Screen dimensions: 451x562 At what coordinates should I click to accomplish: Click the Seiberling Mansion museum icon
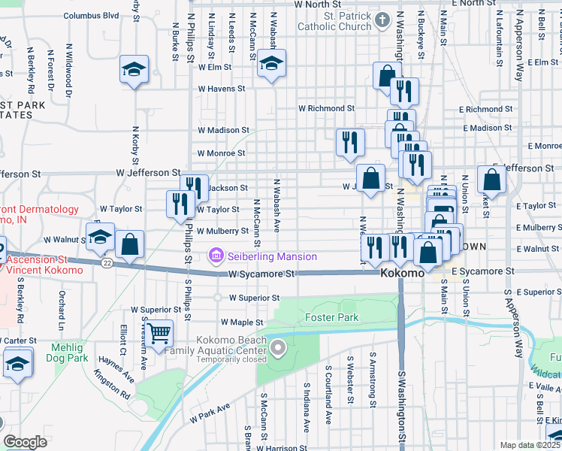(x=217, y=256)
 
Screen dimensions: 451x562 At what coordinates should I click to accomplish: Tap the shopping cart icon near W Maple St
(x=159, y=332)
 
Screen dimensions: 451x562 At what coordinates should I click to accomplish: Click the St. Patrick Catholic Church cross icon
(x=382, y=20)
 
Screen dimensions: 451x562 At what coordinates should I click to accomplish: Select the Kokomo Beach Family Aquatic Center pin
(x=279, y=347)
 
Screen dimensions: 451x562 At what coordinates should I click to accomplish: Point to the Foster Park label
(x=331, y=317)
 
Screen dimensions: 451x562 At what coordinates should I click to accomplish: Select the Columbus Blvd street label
(x=91, y=15)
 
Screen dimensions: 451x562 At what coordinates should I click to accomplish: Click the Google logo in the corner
(x=25, y=441)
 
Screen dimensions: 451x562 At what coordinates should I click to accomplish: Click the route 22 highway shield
(x=108, y=262)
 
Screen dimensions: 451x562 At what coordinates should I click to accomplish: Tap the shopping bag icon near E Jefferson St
(x=491, y=180)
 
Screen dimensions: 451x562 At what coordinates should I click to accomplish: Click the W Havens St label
(x=222, y=89)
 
